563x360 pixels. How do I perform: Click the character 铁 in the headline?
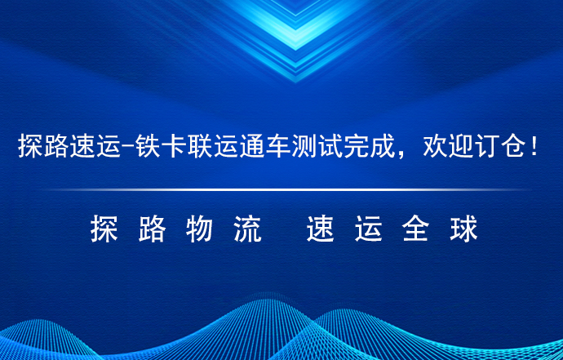[148, 146]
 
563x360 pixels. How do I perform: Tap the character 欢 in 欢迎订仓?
[435, 146]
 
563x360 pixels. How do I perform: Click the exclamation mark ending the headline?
[534, 146]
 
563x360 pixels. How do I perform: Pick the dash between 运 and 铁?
[128, 147]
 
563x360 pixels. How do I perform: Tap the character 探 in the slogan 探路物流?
[104, 228]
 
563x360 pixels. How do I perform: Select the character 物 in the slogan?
[200, 228]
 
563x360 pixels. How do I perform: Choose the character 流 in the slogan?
[248, 228]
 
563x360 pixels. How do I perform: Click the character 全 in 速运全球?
[416, 228]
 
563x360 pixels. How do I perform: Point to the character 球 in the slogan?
[464, 228]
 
